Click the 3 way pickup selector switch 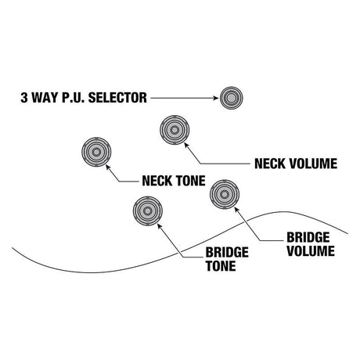232,98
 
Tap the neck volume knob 175,130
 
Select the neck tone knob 96,152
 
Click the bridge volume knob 225,194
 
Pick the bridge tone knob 148,211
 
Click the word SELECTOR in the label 117,98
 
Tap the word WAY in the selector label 45,98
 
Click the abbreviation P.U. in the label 74,98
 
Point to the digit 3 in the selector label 24,98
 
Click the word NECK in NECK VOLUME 270,164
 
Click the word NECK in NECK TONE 157,181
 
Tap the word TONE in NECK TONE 191,181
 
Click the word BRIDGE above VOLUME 308,237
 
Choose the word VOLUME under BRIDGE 311,250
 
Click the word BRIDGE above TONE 227,252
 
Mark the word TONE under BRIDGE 221,266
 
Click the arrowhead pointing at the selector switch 215,98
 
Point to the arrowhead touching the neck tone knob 107,167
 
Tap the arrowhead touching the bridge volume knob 236,209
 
